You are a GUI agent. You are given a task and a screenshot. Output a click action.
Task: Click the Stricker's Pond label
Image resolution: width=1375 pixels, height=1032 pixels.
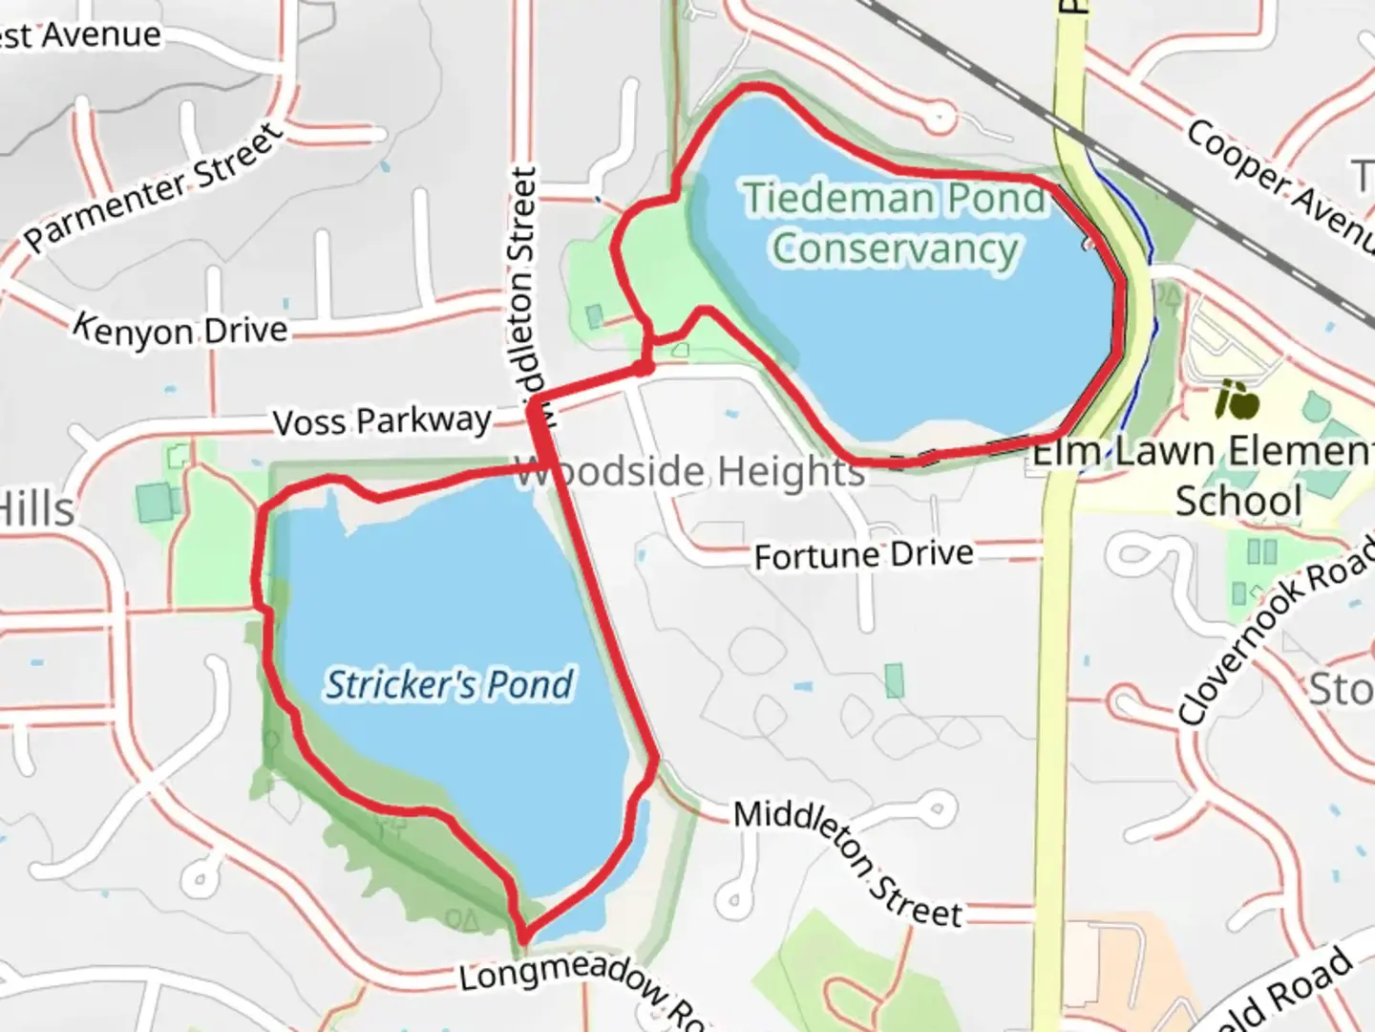449,684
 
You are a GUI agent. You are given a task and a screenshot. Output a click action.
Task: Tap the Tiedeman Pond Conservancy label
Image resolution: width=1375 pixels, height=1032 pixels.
895,223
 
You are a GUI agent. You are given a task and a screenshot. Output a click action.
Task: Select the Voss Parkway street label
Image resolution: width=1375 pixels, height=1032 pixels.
382,420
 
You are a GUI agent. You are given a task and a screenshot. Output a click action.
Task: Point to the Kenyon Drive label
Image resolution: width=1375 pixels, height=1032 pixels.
181,330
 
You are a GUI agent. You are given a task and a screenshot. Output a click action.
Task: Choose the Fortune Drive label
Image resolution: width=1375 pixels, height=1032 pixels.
863,555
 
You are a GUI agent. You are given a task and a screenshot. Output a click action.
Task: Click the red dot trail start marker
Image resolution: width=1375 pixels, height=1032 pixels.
644,368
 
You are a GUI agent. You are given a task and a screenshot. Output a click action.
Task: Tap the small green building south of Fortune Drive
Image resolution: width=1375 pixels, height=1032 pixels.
895,680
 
